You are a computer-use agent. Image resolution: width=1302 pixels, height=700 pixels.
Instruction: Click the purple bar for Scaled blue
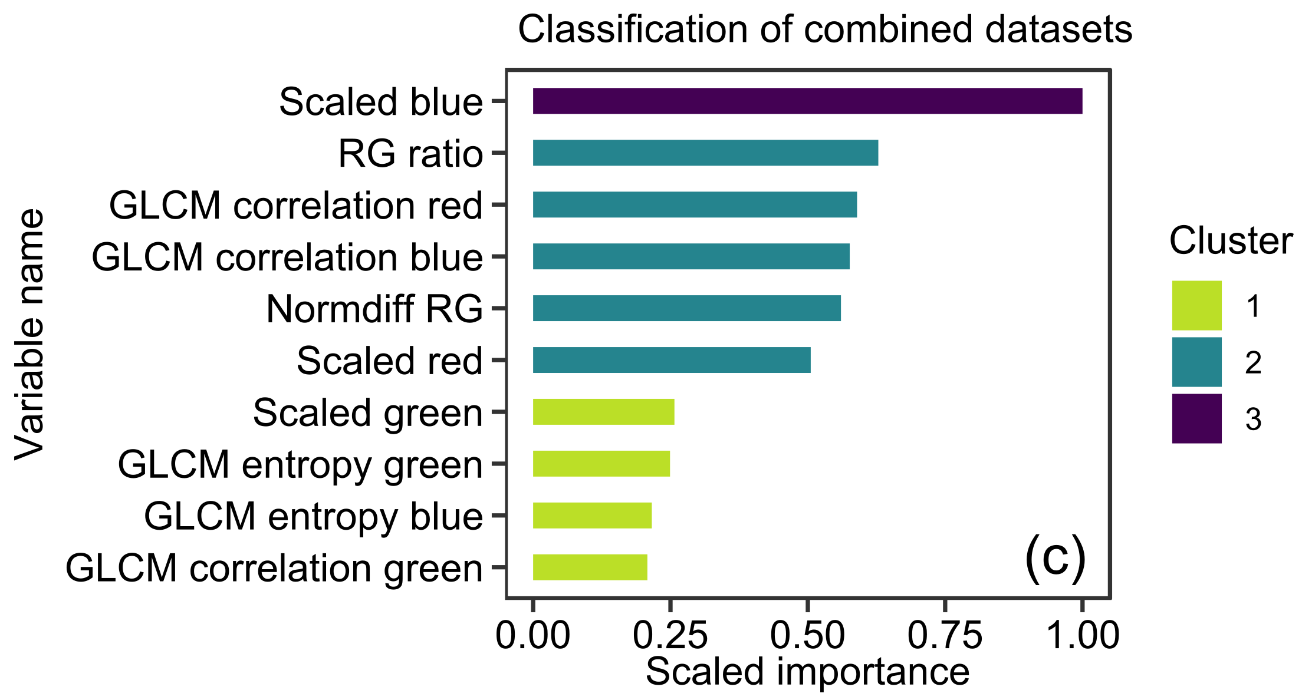click(x=807, y=101)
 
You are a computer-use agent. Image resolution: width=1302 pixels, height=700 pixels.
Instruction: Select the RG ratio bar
click(x=705, y=153)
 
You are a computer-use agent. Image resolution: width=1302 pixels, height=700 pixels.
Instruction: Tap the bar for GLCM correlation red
click(x=695, y=204)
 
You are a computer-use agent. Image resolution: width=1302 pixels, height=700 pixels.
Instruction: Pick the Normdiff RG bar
click(x=686, y=308)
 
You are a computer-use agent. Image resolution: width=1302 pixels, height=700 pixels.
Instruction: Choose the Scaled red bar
click(x=672, y=360)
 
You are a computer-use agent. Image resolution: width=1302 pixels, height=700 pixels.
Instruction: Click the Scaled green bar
click(x=603, y=412)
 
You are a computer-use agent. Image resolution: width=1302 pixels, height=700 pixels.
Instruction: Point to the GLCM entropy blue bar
click(x=592, y=516)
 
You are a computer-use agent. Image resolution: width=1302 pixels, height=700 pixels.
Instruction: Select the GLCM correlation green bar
click(x=590, y=567)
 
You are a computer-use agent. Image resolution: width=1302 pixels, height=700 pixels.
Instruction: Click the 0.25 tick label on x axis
click(x=670, y=636)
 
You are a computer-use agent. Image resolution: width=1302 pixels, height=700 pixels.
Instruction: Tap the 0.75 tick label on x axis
click(x=945, y=636)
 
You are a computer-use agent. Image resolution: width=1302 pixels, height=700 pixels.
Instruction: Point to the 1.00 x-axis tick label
click(x=1083, y=636)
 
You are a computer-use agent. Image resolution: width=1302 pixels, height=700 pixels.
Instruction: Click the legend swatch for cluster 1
click(x=1196, y=305)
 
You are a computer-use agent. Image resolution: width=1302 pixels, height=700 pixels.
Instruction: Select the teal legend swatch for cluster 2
click(x=1196, y=362)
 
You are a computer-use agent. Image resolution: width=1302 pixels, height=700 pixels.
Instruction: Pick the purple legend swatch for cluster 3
click(x=1196, y=418)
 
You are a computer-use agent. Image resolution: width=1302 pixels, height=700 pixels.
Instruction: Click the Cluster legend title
click(x=1231, y=241)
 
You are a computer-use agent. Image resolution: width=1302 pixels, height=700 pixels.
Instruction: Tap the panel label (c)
click(x=1056, y=558)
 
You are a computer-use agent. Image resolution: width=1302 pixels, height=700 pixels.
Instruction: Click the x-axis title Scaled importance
click(x=807, y=672)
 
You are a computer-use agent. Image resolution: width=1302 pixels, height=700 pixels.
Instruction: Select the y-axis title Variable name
click(x=30, y=334)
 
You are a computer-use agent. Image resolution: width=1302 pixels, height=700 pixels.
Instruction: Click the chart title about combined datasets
click(x=825, y=29)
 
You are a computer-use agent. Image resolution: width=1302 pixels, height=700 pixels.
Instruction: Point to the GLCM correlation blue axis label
click(x=287, y=257)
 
